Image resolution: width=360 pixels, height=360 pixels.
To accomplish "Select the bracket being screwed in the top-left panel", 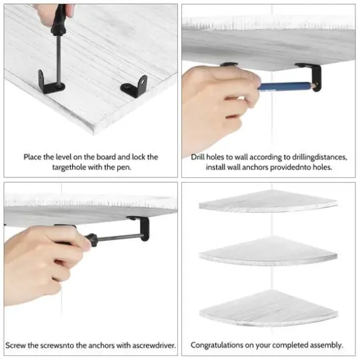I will click(x=48, y=81).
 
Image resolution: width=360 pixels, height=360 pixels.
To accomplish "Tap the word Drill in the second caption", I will click(x=199, y=157).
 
